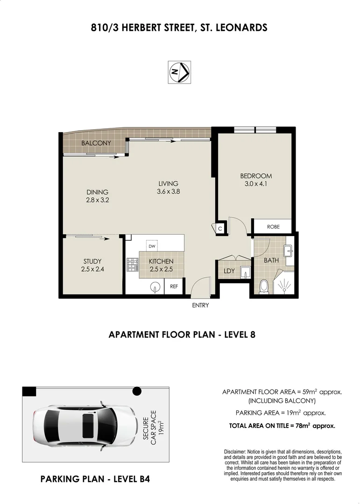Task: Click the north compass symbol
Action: [179, 72]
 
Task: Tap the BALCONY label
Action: [96, 143]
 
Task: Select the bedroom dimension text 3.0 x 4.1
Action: [256, 184]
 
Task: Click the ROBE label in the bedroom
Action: [273, 227]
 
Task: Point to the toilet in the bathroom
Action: [264, 286]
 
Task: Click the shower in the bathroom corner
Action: [284, 284]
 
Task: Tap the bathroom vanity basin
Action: [288, 251]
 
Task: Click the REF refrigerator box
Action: [174, 286]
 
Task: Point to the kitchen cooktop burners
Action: [132, 265]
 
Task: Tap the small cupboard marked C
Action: [220, 229]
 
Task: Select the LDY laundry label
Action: [229, 271]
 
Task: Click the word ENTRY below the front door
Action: [200, 305]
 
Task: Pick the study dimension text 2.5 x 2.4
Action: [92, 269]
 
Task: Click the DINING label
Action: [97, 192]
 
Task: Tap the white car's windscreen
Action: [108, 425]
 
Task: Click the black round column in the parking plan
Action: [137, 391]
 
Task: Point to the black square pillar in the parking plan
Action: [29, 392]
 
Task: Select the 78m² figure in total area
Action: [303, 426]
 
